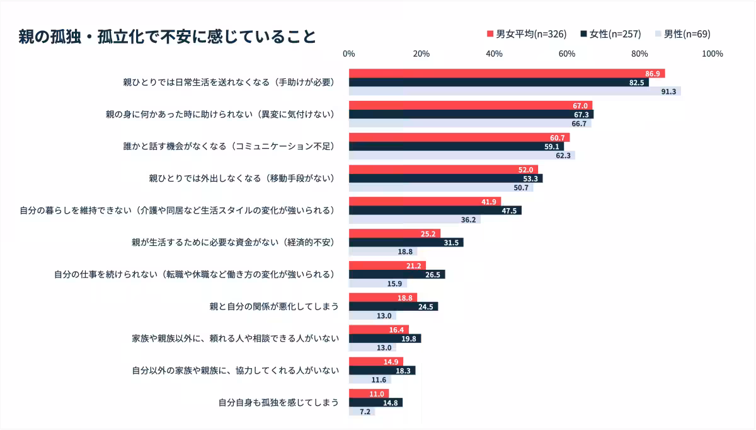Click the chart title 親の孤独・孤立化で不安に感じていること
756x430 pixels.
click(168, 37)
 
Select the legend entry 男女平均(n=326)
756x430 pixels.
click(527, 34)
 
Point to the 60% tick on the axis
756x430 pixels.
click(567, 54)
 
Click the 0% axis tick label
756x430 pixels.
click(349, 54)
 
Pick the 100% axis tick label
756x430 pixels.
click(712, 54)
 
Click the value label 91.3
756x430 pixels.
click(668, 92)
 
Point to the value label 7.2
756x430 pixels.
click(365, 412)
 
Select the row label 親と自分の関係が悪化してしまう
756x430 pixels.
click(274, 306)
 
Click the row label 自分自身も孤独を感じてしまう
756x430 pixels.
click(278, 402)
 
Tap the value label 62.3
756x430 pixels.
click(563, 156)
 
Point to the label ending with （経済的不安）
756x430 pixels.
click(232, 242)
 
